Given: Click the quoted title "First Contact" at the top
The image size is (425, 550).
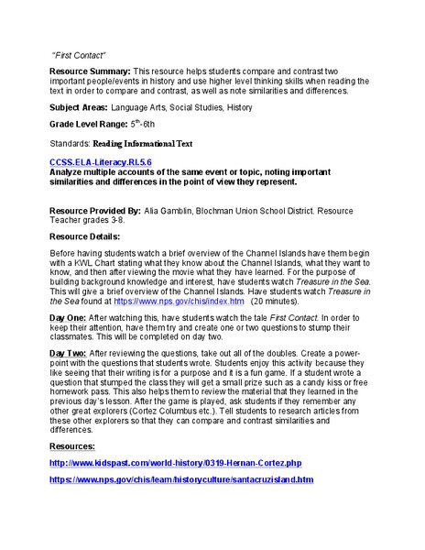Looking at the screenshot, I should (77, 54).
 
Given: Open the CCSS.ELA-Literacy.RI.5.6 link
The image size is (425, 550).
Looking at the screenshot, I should (101, 161).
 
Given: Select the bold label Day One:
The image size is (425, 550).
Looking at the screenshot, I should (70, 317).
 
